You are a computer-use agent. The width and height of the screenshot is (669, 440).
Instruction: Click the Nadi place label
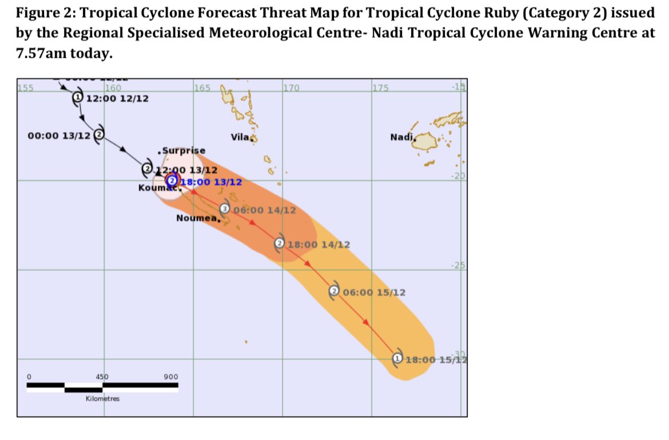(x=401, y=137)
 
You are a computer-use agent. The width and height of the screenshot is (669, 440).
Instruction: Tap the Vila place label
(x=240, y=137)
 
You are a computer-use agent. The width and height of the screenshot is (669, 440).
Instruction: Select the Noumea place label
(x=198, y=218)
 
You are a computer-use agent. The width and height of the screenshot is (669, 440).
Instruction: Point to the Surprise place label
(x=182, y=151)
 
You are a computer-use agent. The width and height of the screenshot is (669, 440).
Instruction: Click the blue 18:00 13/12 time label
(x=211, y=182)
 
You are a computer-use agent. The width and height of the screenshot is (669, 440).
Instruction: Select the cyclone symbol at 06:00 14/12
(x=225, y=209)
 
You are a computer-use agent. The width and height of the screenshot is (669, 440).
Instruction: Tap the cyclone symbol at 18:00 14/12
(x=280, y=243)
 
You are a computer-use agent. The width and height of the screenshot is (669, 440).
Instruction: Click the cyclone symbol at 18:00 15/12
(x=397, y=358)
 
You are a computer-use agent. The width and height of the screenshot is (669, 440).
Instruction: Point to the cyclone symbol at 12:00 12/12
(x=77, y=98)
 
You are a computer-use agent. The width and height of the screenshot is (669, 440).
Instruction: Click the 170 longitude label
(x=292, y=88)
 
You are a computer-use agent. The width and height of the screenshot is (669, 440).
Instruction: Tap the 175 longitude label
(x=381, y=88)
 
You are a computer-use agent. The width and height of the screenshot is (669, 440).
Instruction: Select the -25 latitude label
(x=459, y=265)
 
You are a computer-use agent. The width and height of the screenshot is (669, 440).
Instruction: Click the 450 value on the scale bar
(x=101, y=377)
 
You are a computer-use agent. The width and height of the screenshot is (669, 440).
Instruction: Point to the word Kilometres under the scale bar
(x=102, y=398)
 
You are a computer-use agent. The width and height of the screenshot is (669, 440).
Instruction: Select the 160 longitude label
(x=113, y=88)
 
